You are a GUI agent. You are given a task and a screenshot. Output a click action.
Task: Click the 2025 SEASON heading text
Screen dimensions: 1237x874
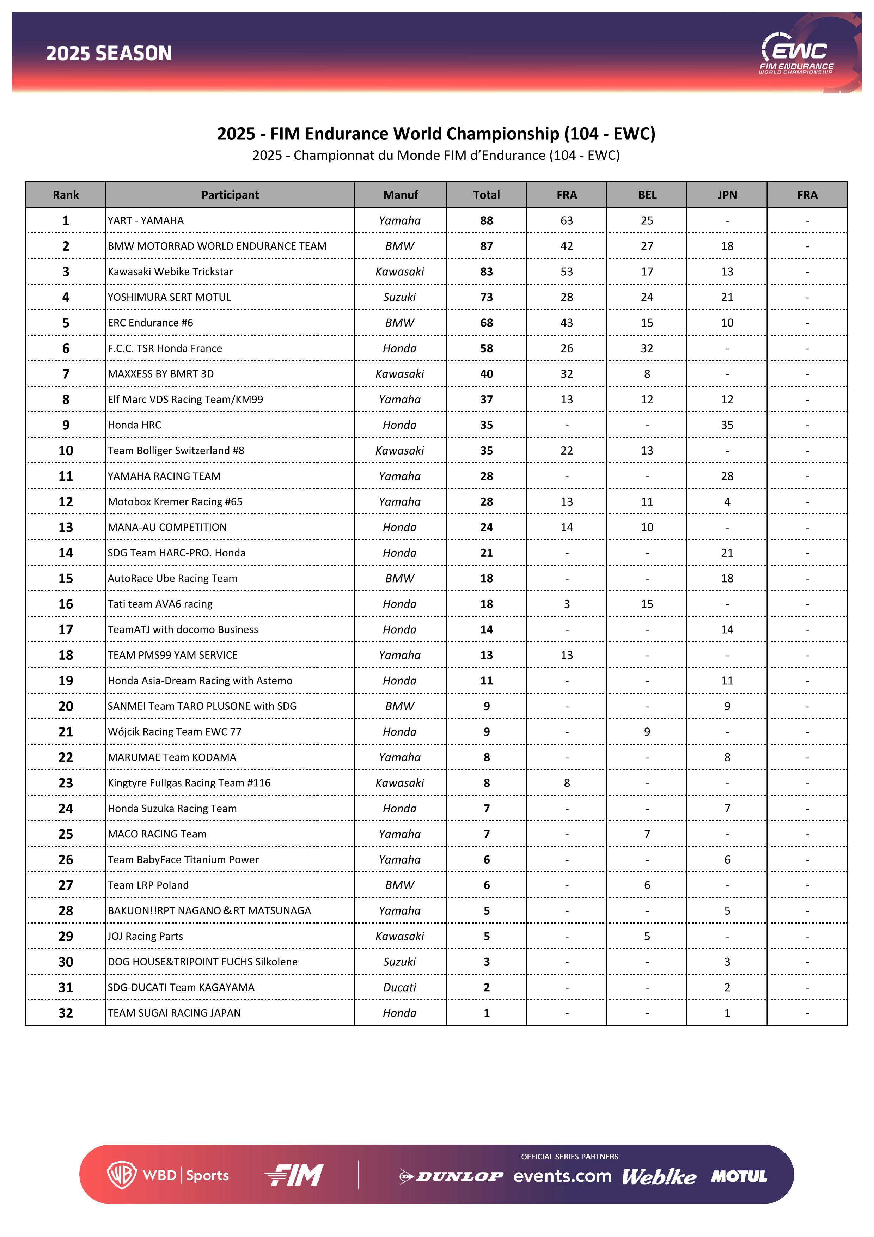click(x=109, y=53)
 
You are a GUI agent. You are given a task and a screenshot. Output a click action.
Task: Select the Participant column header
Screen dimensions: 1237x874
click(x=230, y=195)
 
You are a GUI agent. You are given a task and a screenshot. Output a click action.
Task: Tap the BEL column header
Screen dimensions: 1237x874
click(x=647, y=195)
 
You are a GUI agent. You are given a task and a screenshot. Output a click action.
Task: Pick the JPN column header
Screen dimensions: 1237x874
click(x=727, y=195)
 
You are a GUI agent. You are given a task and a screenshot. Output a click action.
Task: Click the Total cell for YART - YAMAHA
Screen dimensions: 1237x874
click(x=486, y=220)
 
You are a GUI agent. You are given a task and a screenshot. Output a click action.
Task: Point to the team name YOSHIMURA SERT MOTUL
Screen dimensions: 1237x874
click(x=169, y=297)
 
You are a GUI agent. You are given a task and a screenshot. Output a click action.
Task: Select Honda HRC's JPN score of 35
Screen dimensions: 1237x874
click(x=727, y=425)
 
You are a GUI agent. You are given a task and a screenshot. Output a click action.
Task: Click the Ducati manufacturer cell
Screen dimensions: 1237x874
click(x=399, y=988)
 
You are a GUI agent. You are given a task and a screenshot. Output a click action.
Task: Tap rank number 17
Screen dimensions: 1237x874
click(x=66, y=629)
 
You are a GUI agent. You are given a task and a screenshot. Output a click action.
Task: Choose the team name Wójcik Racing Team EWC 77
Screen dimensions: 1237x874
click(x=175, y=732)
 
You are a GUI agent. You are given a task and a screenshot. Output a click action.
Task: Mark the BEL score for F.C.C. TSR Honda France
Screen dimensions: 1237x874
click(x=647, y=348)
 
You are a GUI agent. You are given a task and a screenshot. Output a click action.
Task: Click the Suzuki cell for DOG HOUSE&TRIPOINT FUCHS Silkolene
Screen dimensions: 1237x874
click(x=399, y=962)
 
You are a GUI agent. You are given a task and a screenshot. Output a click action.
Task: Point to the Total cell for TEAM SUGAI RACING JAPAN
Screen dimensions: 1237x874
click(x=486, y=1013)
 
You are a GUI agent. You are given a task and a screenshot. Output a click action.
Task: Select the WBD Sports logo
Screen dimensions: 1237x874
click(x=168, y=1175)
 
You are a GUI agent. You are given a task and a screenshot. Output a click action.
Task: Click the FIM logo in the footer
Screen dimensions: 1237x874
click(x=294, y=1175)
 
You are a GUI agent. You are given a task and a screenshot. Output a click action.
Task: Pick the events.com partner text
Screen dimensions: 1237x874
click(x=562, y=1176)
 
